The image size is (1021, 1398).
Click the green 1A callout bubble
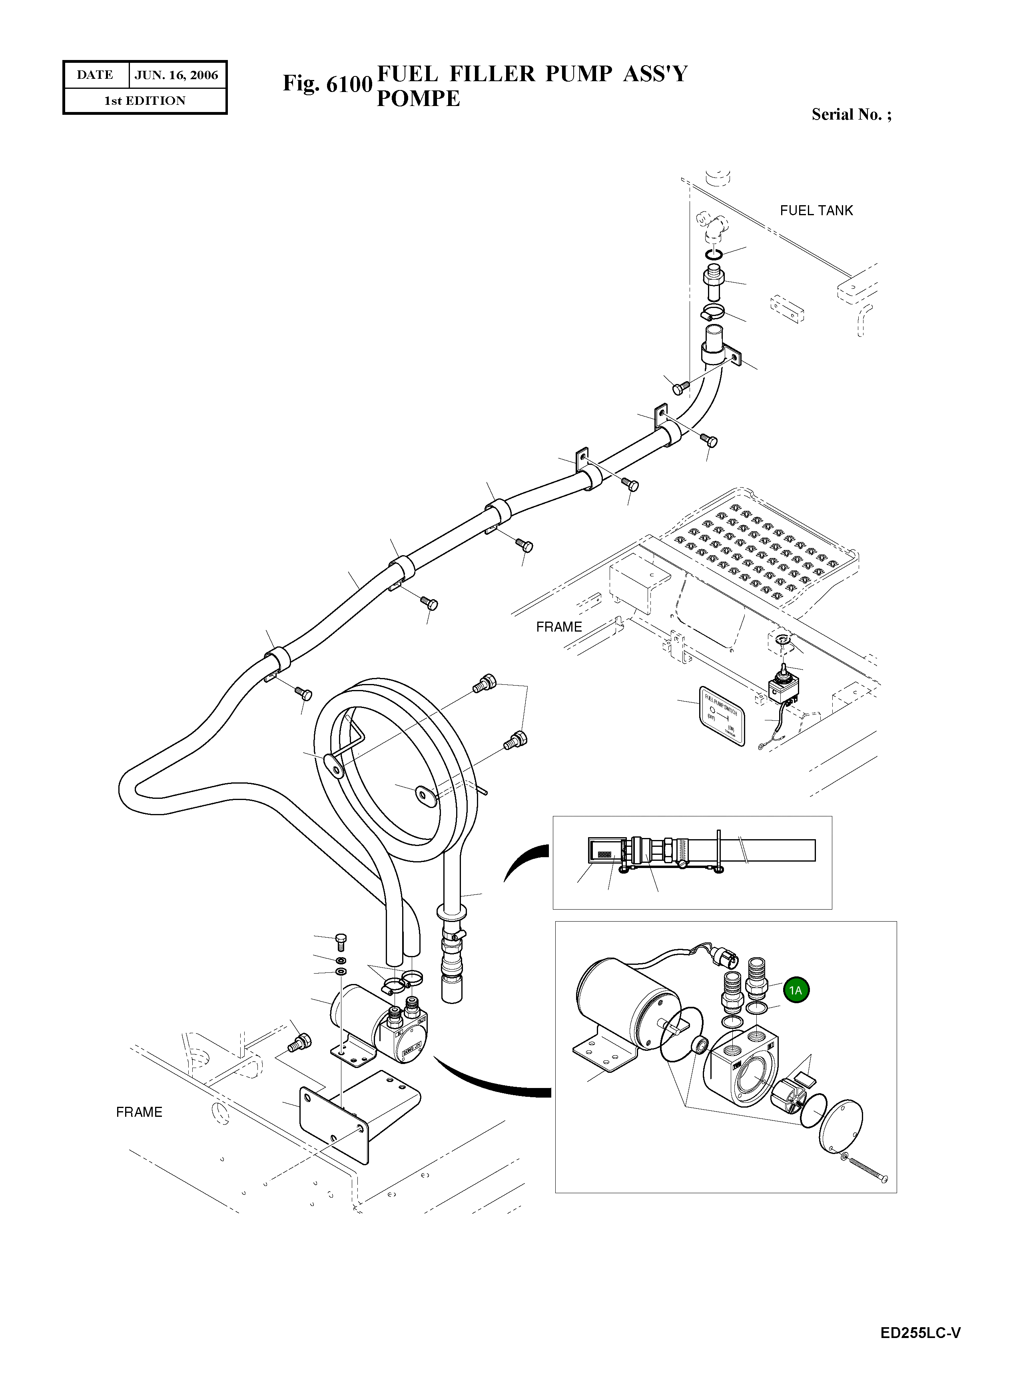tap(796, 990)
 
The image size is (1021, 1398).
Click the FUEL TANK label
tap(816, 211)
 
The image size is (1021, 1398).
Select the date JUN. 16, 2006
tap(176, 76)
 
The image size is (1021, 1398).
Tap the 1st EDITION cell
tap(145, 101)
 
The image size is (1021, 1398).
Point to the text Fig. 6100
tap(327, 84)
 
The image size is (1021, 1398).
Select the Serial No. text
tap(850, 114)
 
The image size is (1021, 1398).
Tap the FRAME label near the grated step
tap(559, 627)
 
